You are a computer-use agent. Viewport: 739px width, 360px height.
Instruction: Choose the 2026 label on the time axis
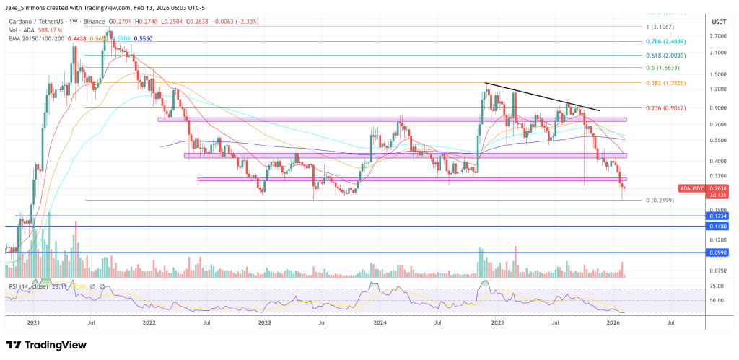[x=613, y=325]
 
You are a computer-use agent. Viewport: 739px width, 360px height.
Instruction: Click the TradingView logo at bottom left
[x=47, y=344]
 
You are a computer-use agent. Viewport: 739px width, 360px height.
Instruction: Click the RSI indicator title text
[x=32, y=287]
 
